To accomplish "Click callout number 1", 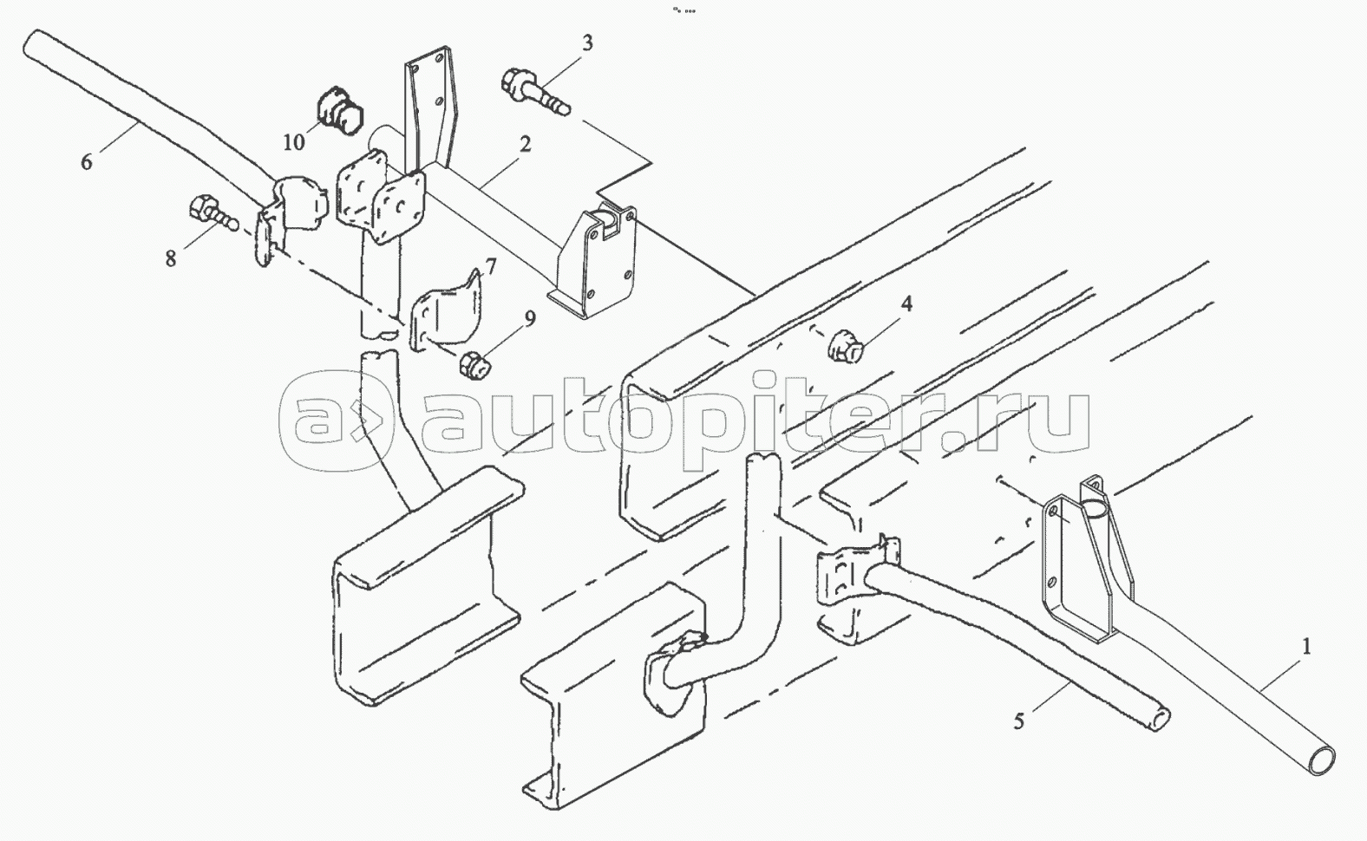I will [x=1305, y=648].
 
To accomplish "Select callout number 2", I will [x=525, y=145].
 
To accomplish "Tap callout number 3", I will [x=587, y=42].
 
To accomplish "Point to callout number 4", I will [x=906, y=303].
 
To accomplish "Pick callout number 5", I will [x=1018, y=720].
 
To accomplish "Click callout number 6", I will [x=86, y=161].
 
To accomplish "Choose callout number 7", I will [x=491, y=266].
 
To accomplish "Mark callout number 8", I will [x=171, y=258].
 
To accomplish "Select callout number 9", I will [x=528, y=318].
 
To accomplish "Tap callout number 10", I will [x=294, y=141].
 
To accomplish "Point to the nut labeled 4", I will [x=846, y=347].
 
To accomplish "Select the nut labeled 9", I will [x=474, y=366].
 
